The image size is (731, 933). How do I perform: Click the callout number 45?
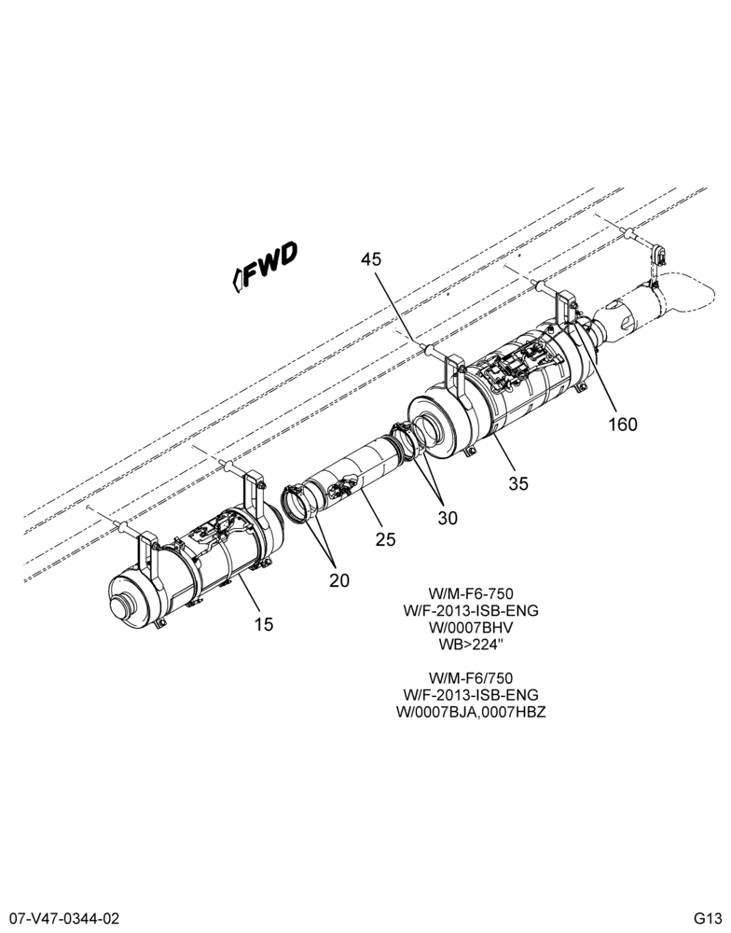[x=372, y=259]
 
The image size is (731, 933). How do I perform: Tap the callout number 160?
[x=622, y=425]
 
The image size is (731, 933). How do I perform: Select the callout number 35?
[x=518, y=483]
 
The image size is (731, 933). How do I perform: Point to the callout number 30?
[x=448, y=518]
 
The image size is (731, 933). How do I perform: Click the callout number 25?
[x=385, y=539]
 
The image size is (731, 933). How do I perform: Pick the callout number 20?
[x=339, y=580]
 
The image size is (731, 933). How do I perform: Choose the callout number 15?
[x=264, y=624]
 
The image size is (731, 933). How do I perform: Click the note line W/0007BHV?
[x=470, y=628]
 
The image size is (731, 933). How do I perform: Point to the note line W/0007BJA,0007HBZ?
[x=471, y=712]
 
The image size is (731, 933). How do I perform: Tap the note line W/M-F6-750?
[x=471, y=593]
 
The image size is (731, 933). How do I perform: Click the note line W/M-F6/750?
[x=471, y=678]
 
